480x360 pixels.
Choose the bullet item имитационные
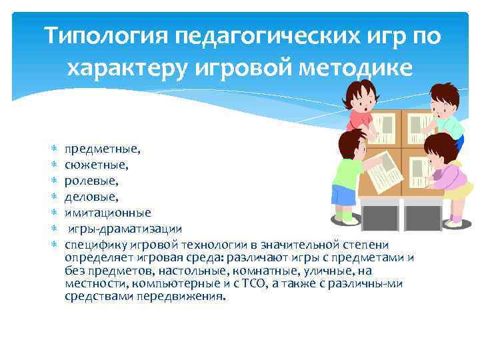click(x=108, y=213)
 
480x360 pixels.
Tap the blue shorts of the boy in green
click(x=343, y=195)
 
